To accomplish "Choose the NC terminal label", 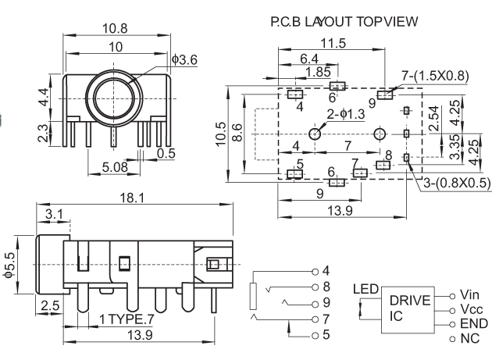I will click(471, 337).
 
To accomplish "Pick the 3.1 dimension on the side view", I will click(55, 213).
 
